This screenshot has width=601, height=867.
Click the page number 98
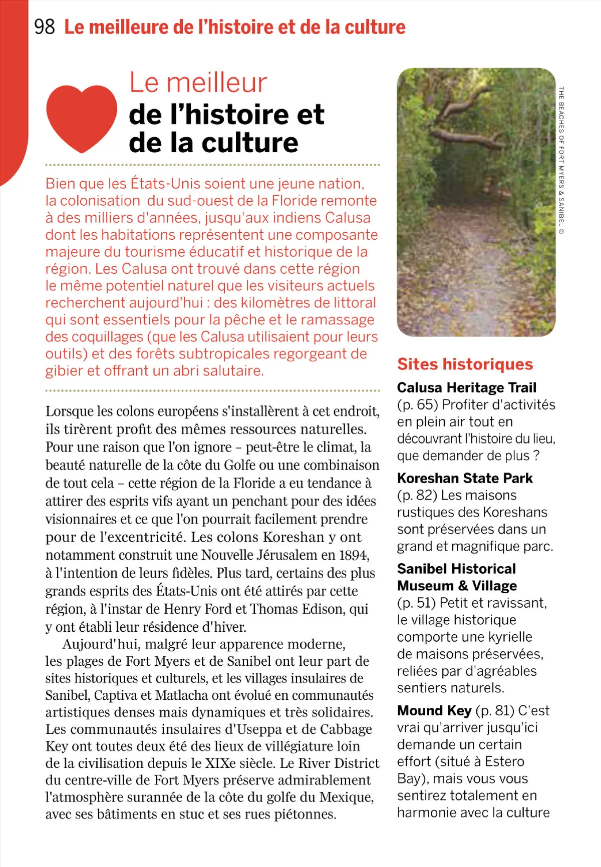pyautogui.click(x=45, y=27)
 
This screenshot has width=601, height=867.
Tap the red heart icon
pyautogui.click(x=82, y=118)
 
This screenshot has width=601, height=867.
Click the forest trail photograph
pyautogui.click(x=476, y=202)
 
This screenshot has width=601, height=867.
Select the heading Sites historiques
pyautogui.click(x=465, y=364)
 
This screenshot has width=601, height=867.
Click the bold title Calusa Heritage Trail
pyautogui.click(x=466, y=387)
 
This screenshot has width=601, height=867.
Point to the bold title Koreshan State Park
pyautogui.click(x=464, y=478)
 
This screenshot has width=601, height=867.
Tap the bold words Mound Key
pyautogui.click(x=434, y=710)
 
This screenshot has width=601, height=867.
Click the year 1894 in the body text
pyautogui.click(x=354, y=555)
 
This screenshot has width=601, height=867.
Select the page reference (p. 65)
pyautogui.click(x=417, y=404)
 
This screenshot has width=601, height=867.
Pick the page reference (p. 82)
pyautogui.click(x=417, y=495)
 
